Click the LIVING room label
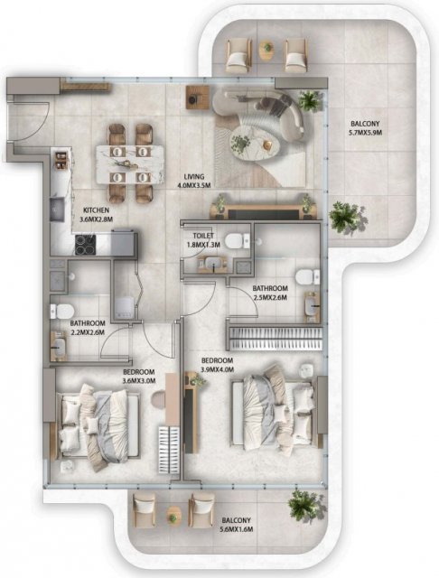(x=194, y=177)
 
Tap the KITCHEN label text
(x=97, y=210)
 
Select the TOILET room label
(x=203, y=236)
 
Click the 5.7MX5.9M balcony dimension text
(x=365, y=132)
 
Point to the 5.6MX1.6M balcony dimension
(x=236, y=529)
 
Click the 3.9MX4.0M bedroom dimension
(x=217, y=369)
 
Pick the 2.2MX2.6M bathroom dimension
(x=88, y=332)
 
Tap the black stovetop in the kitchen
(x=86, y=245)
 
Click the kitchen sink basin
(x=57, y=210)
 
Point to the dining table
(x=129, y=164)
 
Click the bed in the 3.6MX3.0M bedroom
(x=98, y=427)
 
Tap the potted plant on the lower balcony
(x=305, y=506)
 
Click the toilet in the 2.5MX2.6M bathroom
(x=308, y=277)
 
